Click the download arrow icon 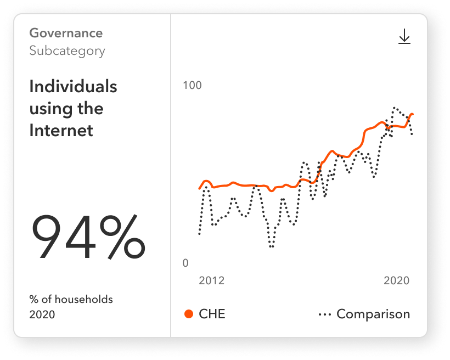coord(404,37)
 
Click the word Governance coord(66,33)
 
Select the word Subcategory coord(67,51)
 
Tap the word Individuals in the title coord(73,87)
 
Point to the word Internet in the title coord(61,131)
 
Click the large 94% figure coord(88,237)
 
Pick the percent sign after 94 coord(119,237)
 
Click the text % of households coord(71,300)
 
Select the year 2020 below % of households coord(42,314)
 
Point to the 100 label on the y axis coord(192,86)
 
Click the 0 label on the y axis coord(185,263)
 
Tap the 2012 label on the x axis coord(211,280)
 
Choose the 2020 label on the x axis coord(397,280)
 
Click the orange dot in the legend coord(189,314)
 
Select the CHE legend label coord(212,314)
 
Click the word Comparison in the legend coord(373,314)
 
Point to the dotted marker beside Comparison coord(324,314)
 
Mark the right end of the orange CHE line coord(412,114)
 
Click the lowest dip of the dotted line coord(271,246)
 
